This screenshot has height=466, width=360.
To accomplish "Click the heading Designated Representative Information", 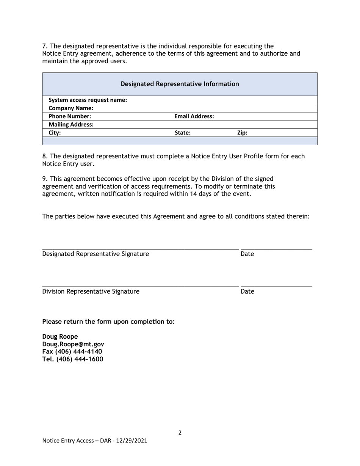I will pos(180,84).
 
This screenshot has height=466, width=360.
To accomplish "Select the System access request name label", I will pos(88,100).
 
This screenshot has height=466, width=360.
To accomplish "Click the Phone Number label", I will pos(70,116).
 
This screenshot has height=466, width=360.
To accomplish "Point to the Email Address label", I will pos(194,116).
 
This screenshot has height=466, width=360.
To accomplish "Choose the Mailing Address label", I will pos(71,124).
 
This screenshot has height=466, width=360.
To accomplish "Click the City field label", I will pos(55,133).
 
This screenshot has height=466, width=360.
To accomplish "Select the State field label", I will pos(182,133).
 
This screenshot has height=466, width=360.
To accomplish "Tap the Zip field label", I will pos(242,133).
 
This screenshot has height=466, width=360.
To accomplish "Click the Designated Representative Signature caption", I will pos(95,254).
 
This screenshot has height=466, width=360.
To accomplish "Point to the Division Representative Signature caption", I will pos(91,291).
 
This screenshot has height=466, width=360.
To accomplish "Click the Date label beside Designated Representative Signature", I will pos(247,254).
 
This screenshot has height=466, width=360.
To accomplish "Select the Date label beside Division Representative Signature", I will pos(247,291).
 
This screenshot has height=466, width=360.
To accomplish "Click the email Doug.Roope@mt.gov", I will pos(73,344).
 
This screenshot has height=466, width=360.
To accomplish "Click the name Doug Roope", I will pos(60,336).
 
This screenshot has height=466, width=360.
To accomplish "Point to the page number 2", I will pos(180,433).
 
